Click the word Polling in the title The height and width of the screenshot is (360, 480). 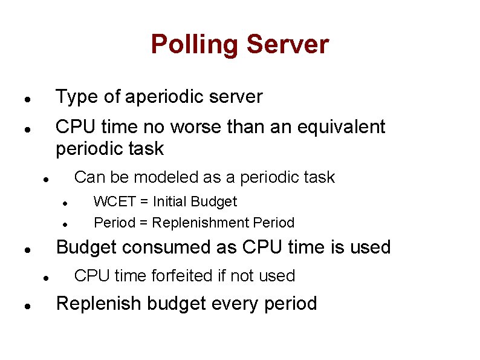pos(195,45)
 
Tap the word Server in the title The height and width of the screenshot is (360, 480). pos(288,45)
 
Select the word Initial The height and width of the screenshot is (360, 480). pos(174,201)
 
